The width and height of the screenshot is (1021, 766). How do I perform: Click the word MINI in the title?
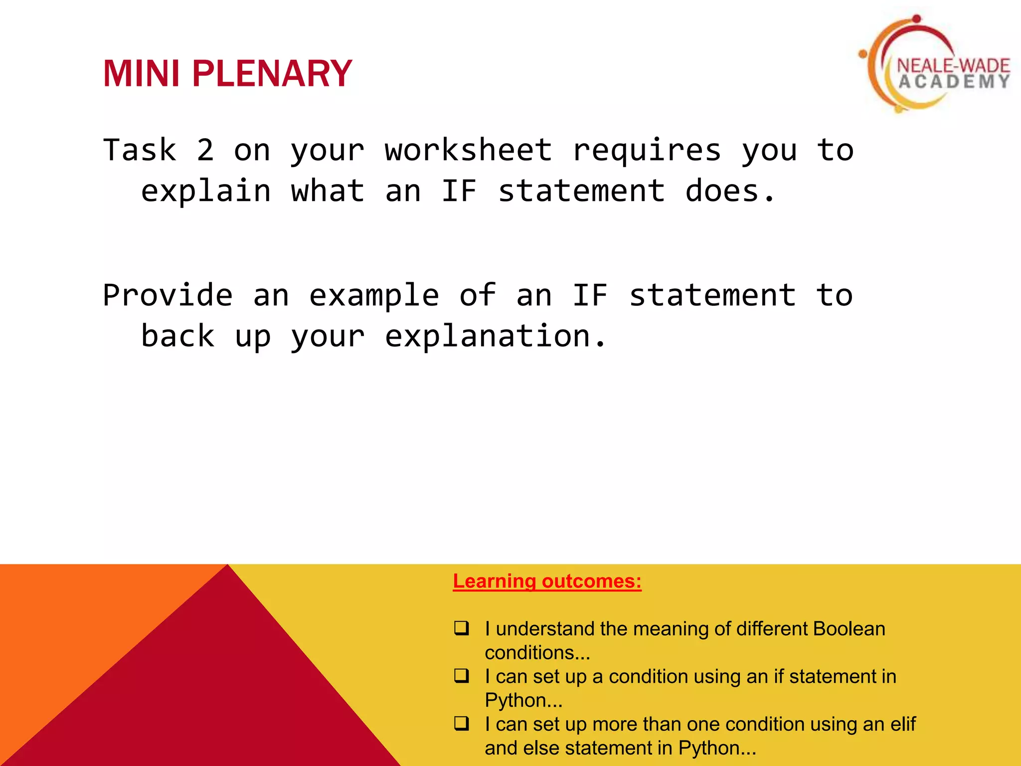click(141, 74)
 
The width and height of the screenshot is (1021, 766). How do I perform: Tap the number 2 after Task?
click(205, 150)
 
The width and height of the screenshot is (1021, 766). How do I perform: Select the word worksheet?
click(468, 150)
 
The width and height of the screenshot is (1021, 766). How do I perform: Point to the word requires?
click(647, 150)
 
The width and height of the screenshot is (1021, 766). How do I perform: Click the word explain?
click(206, 191)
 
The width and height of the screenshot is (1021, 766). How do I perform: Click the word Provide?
click(168, 295)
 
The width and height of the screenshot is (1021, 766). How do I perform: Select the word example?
click(374, 296)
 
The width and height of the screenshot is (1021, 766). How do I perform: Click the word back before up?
click(178, 336)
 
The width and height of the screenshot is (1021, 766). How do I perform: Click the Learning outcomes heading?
click(547, 581)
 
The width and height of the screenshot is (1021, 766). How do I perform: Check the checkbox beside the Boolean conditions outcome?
click(462, 628)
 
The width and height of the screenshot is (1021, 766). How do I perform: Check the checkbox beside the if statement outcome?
click(462, 676)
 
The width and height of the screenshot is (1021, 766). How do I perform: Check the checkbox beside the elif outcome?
click(462, 723)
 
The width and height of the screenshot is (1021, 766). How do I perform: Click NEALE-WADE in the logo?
click(953, 65)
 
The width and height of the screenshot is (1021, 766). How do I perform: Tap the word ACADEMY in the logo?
click(954, 82)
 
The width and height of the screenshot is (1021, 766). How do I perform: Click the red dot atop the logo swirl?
click(916, 19)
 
